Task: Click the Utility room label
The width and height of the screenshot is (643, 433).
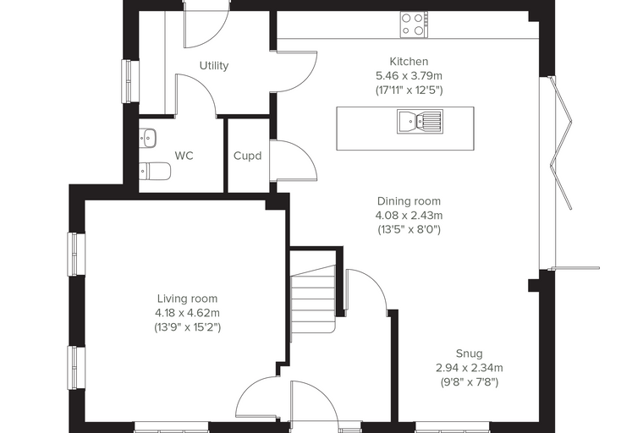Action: (214, 66)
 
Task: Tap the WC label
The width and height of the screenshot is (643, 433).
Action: (184, 156)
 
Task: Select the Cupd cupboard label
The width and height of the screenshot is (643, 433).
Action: (247, 156)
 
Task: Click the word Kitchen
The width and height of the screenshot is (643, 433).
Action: (409, 62)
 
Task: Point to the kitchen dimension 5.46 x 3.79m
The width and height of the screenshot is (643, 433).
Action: (409, 76)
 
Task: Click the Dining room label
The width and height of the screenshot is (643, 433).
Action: (409, 201)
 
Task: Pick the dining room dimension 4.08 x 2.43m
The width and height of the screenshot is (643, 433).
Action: (409, 216)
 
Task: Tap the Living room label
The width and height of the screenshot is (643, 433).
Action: (188, 299)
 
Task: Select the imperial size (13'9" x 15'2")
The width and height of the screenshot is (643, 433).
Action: (188, 327)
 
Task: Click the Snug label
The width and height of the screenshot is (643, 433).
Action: (469, 354)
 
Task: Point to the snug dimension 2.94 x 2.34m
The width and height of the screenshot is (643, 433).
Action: (469, 368)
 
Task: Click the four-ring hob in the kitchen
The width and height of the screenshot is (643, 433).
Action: (415, 25)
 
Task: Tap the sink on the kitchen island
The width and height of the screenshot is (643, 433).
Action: (420, 122)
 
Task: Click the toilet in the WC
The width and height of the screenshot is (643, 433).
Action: (155, 171)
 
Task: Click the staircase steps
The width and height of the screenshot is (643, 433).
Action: (314, 299)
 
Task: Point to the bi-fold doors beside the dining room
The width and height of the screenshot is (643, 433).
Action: (561, 173)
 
